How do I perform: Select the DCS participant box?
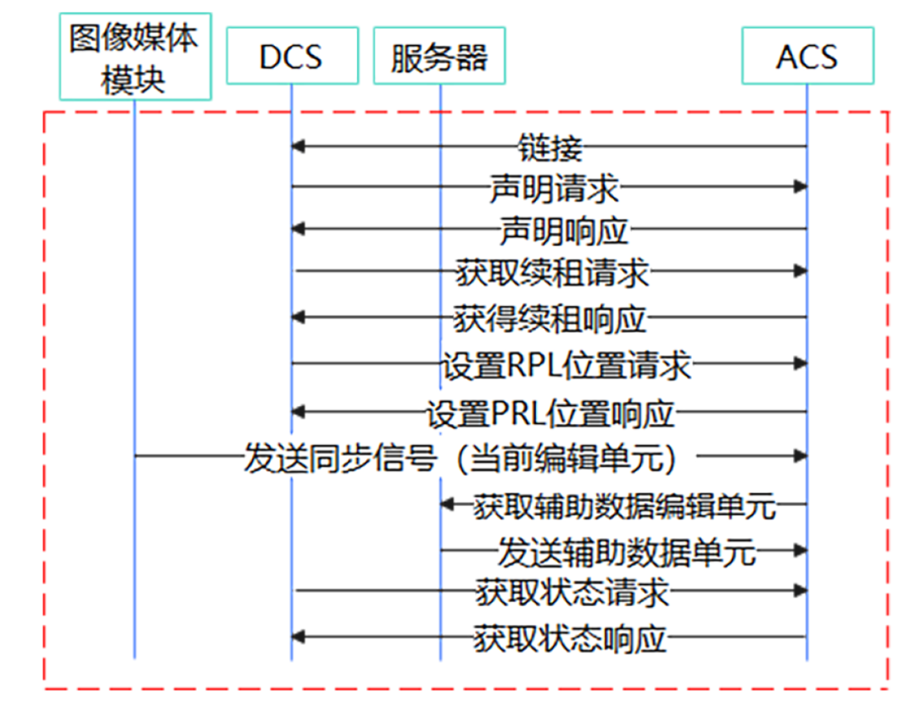click(x=290, y=57)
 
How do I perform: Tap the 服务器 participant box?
click(x=439, y=57)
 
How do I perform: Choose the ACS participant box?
click(x=807, y=57)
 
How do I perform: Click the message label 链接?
click(x=550, y=148)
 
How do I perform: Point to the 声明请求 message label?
click(x=554, y=187)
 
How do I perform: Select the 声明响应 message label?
click(x=561, y=230)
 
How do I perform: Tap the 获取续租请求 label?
click(x=552, y=273)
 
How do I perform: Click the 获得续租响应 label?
click(x=550, y=318)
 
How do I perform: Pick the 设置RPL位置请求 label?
click(x=566, y=365)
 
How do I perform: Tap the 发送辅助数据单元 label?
click(x=626, y=552)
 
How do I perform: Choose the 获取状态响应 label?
click(x=570, y=637)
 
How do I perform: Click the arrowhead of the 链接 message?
click(x=297, y=147)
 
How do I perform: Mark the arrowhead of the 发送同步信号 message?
click(x=800, y=456)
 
